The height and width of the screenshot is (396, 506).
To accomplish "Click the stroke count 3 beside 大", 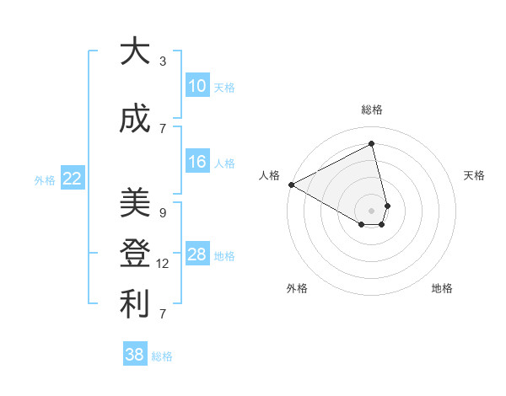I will pyautogui.click(x=163, y=62).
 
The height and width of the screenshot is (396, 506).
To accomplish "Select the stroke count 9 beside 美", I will pyautogui.click(x=163, y=212).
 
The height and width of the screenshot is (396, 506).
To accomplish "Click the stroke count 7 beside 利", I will pyautogui.click(x=163, y=314).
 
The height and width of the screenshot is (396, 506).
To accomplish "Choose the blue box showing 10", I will pyautogui.click(x=197, y=86).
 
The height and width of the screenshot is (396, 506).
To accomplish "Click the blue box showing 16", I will pyautogui.click(x=197, y=162).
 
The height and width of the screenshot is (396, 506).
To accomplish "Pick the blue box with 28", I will pyautogui.click(x=197, y=254).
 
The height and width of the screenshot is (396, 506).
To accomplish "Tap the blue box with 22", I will pyautogui.click(x=73, y=178).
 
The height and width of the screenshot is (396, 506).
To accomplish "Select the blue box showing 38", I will pyautogui.click(x=135, y=355).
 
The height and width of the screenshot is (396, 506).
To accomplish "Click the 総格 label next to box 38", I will pyautogui.click(x=162, y=356).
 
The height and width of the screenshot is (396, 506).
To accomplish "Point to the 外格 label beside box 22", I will pyautogui.click(x=45, y=179).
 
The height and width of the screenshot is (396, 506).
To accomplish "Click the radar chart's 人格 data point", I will pyautogui.click(x=291, y=185).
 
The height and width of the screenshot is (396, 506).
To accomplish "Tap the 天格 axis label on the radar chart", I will pyautogui.click(x=474, y=175).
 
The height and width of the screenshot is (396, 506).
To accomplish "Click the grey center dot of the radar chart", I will pyautogui.click(x=371, y=209).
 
